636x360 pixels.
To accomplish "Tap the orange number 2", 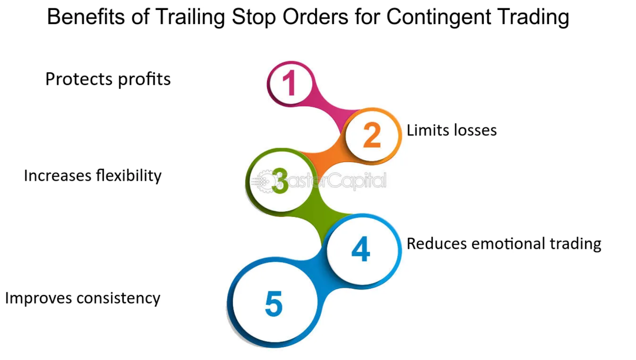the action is click(x=372, y=135).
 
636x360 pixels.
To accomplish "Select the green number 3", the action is click(x=280, y=181).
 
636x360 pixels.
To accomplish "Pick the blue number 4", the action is click(x=361, y=249).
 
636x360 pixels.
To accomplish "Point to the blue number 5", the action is click(x=274, y=304).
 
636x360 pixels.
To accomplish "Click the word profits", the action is click(x=144, y=80).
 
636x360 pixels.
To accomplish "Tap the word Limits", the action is click(x=428, y=130).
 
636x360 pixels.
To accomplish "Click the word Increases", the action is click(x=58, y=175).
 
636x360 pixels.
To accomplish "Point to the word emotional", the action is click(x=508, y=244).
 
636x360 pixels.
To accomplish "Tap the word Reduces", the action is click(x=437, y=244).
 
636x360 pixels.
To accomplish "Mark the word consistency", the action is click(x=118, y=299).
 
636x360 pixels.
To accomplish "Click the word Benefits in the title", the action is click(x=86, y=17).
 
